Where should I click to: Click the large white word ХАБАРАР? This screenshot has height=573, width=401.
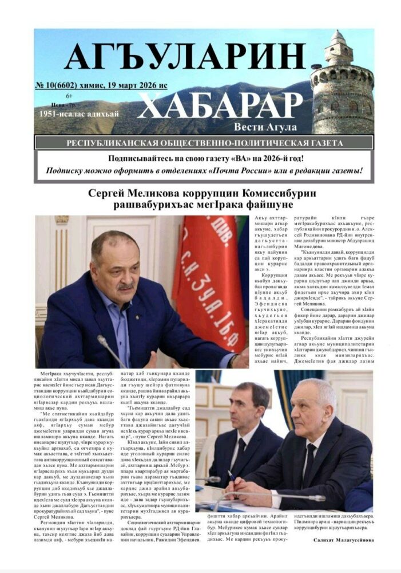coord(220,106)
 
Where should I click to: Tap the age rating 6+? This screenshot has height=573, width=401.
coord(69,96)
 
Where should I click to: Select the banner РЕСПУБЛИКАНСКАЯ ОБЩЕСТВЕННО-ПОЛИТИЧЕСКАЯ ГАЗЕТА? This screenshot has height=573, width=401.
coord(204,142)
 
